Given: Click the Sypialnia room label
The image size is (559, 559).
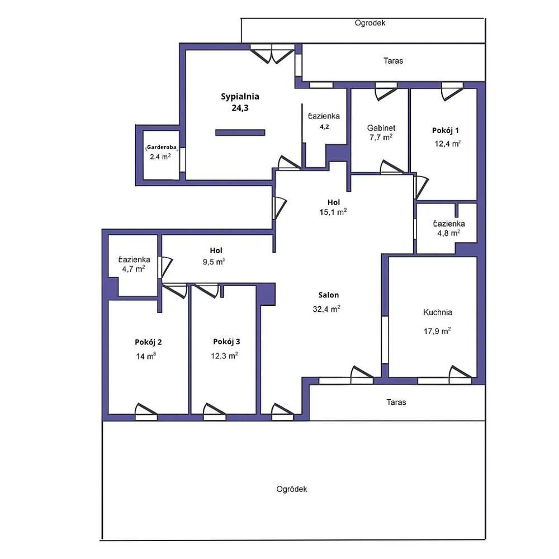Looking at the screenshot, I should [240, 96].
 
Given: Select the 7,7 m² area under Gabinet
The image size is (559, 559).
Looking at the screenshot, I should [381, 137].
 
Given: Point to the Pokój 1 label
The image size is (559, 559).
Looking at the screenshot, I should [446, 130].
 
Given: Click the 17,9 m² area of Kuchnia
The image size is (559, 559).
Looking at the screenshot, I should [437, 330].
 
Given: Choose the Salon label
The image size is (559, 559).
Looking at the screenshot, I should [329, 295].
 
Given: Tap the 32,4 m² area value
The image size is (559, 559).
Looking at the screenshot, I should [328, 309].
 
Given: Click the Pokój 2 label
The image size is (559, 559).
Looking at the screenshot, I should [148, 342].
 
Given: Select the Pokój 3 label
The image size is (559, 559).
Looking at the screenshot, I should [226, 342].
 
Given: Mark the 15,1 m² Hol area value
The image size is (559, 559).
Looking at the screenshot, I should [334, 212].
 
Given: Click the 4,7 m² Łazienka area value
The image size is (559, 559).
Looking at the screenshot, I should [134, 269].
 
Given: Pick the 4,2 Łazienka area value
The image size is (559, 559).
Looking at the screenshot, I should [324, 127].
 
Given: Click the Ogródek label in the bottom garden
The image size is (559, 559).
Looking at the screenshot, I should [292, 489].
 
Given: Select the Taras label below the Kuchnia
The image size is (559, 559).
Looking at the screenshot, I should [396, 402].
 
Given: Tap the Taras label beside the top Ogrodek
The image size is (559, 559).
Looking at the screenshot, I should [393, 60].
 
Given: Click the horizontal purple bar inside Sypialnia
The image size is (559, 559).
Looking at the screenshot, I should [240, 132].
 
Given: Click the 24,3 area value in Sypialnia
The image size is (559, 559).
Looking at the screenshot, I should [240, 108].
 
